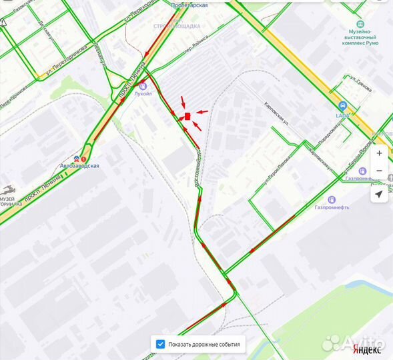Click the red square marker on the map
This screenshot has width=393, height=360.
[188, 116]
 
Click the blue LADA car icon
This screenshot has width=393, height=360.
[342, 106]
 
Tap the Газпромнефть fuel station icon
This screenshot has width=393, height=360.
[331, 199]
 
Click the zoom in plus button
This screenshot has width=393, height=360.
[379, 153]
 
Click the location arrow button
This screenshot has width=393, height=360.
[379, 194]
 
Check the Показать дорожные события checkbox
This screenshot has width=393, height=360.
[160, 344]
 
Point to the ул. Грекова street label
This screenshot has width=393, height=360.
[361, 83]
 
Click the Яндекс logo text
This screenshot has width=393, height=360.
[367, 349]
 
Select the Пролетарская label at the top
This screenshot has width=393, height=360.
[189, 5]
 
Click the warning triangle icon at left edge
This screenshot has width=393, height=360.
[3, 22]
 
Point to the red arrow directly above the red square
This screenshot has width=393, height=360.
[183, 102]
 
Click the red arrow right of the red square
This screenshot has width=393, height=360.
[202, 111]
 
